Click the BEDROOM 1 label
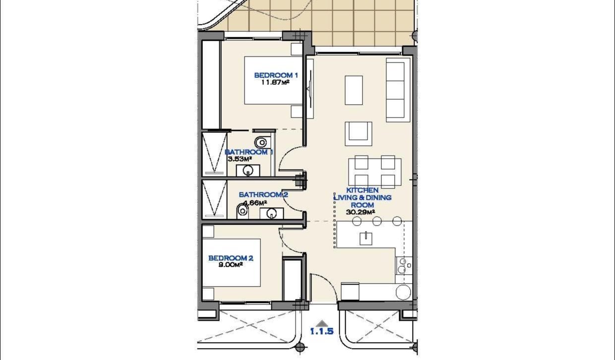click(x=275, y=75)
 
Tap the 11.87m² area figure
click(x=275, y=82)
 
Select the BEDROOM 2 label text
click(x=231, y=258)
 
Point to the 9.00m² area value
click(x=231, y=265)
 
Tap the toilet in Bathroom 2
click(x=242, y=210)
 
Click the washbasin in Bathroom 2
click(x=271, y=213)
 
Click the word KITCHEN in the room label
click(x=363, y=190)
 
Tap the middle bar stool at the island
click(x=377, y=221)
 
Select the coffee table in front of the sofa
click(x=354, y=90)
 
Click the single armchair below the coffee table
click(x=359, y=132)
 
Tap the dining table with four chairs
click(x=374, y=171)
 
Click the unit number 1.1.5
click(x=321, y=332)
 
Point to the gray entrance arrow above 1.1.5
click(x=322, y=322)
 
